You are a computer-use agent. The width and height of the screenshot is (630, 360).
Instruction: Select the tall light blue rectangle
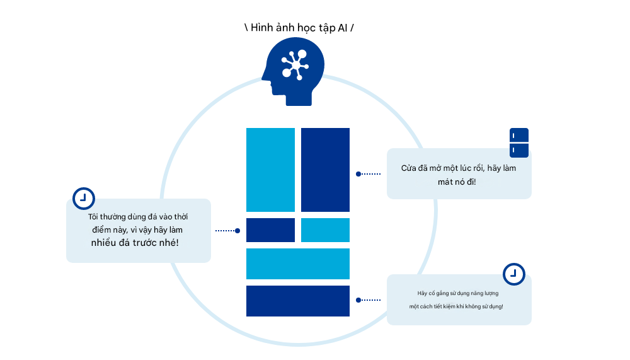pos(270,170)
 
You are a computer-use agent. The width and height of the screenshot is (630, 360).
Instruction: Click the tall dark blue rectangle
pos(325,170)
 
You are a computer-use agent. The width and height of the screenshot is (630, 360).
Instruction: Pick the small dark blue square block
pos(270,230)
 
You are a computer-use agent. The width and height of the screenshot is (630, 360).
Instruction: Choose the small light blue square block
pos(325,230)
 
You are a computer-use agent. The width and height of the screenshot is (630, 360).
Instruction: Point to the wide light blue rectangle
pos(297,264)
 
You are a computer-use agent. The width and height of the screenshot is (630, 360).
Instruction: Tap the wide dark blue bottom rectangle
pos(297,301)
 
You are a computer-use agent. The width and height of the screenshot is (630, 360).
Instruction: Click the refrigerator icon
pos(519,142)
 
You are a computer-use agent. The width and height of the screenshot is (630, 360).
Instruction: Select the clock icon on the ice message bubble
pos(83,198)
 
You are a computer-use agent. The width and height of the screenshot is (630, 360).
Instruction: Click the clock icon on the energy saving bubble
pos(514,274)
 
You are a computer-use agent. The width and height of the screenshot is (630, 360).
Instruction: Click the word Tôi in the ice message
pos(94,217)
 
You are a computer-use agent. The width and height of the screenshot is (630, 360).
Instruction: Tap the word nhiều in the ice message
pos(103,243)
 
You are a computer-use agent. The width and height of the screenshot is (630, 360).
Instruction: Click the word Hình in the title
pos(263,28)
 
